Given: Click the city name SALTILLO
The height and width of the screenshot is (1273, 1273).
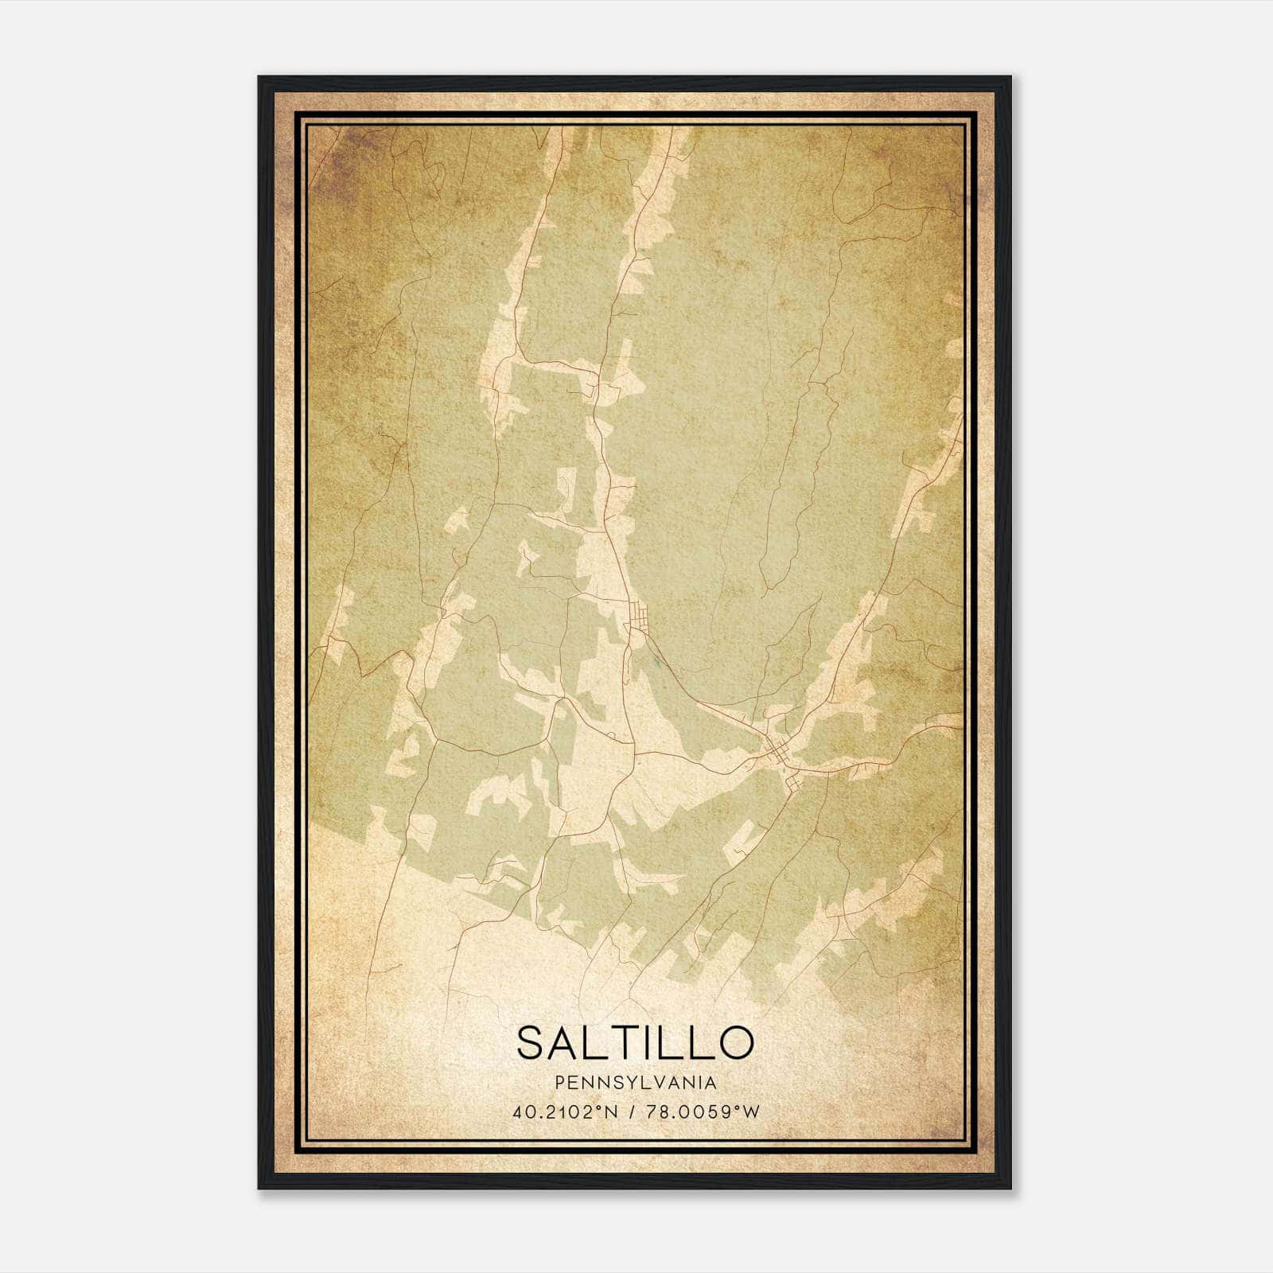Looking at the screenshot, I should [x=635, y=1042].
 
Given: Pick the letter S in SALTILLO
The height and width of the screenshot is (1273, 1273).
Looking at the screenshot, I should [x=531, y=1042].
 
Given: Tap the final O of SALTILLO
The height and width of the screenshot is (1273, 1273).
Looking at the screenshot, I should [x=736, y=1042].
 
